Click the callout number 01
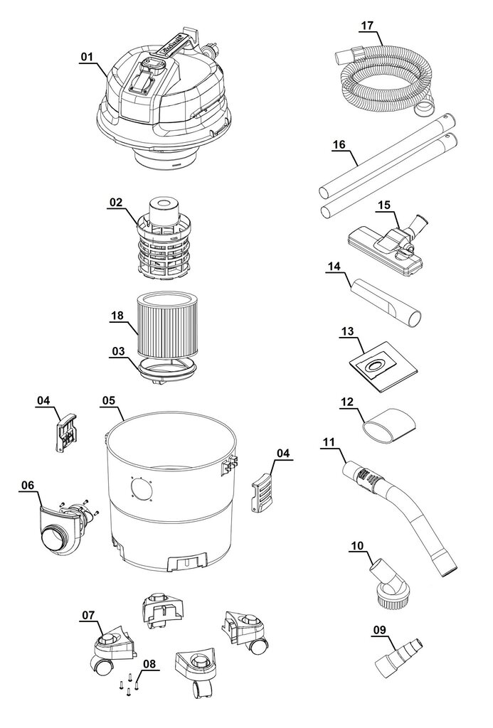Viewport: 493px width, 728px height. click(87, 57)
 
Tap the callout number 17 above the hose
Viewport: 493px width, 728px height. click(367, 25)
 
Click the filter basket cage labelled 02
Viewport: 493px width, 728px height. click(163, 238)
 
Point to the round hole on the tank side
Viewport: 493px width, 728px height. click(142, 489)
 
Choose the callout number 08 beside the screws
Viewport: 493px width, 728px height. click(149, 664)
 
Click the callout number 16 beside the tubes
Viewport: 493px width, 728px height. click(339, 144)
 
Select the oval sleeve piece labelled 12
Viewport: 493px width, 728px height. click(389, 423)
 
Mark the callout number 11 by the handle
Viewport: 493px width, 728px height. click(329, 441)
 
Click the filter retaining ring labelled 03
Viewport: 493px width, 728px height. click(166, 370)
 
